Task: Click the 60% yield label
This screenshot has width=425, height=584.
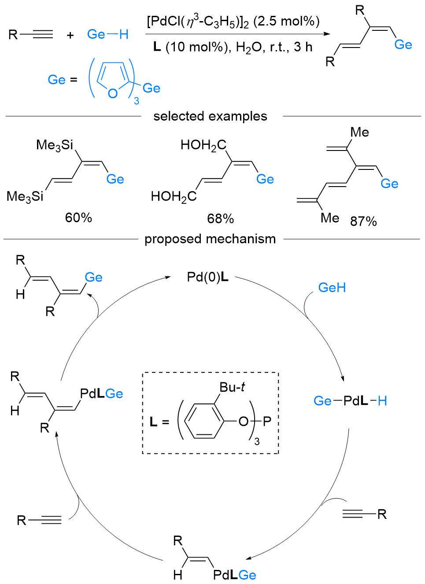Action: [78, 217]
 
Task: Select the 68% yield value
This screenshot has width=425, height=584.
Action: [220, 218]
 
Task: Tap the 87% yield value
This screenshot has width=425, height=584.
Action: [363, 221]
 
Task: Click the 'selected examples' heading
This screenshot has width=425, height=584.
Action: [210, 116]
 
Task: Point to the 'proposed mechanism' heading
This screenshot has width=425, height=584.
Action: [210, 239]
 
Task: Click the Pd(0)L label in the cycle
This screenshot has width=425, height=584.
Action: [207, 277]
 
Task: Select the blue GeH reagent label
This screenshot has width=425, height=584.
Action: [332, 288]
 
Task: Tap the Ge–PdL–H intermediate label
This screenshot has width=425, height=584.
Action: [350, 401]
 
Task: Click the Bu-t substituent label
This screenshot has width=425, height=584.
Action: [232, 387]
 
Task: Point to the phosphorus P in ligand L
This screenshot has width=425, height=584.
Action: [267, 422]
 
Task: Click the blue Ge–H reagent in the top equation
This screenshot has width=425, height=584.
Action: [107, 34]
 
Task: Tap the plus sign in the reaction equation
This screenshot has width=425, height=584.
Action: [70, 35]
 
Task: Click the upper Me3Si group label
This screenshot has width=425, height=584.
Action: [55, 145]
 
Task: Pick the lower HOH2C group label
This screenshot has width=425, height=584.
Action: [174, 196]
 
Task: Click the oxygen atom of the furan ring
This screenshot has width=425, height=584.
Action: [113, 93]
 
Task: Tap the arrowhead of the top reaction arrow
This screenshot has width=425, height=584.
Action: [326, 34]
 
